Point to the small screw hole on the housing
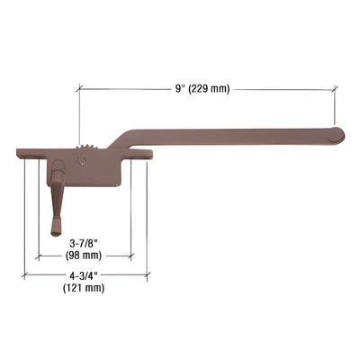83,163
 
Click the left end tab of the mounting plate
24,153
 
